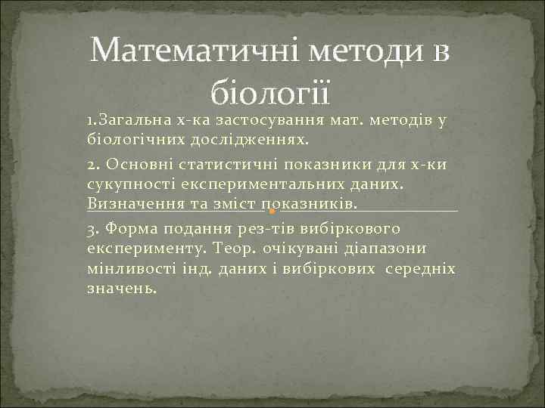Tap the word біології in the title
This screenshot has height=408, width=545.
pyautogui.click(x=269, y=93)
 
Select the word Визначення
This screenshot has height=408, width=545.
pyautogui.click(x=132, y=205)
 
